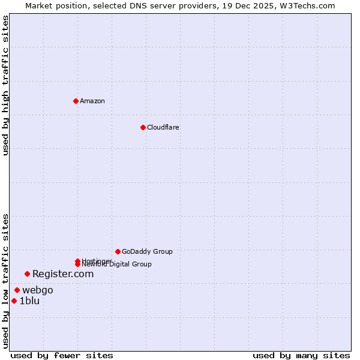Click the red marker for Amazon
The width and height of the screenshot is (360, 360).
pos(76,101)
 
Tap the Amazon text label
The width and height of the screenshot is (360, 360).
pos(92,101)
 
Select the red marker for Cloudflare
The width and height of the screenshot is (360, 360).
pos(143,127)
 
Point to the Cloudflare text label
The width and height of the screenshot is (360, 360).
pos(163,127)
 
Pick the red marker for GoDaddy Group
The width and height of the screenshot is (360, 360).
pos(118,251)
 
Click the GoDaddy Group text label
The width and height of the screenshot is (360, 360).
pos(147,251)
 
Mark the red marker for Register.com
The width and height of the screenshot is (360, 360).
pos(27,274)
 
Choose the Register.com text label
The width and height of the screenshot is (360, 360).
pos(63,274)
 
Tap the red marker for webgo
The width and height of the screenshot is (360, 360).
pos(17,290)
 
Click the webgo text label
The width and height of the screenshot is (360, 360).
pos(38,290)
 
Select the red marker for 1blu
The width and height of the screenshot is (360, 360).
pos(14,301)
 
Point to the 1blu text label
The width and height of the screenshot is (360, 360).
pos(29,301)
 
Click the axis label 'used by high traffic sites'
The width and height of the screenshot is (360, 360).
pos(6,85)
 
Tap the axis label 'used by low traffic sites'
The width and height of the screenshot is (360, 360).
pos(6,281)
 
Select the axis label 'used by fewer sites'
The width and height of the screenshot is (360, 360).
pos(62,355)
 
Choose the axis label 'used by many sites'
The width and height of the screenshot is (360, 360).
pos(301,355)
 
